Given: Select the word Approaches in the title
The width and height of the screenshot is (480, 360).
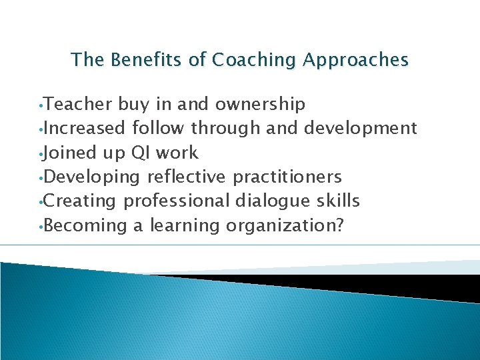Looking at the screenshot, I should [x=355, y=61].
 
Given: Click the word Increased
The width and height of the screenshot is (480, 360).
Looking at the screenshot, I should [x=85, y=129].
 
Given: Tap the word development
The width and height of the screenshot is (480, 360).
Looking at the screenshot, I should [x=361, y=129].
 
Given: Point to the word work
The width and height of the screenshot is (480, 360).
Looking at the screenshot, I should [x=176, y=153].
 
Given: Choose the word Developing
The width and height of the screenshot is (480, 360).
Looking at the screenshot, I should [x=93, y=177].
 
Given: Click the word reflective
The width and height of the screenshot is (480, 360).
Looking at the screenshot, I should [x=187, y=177].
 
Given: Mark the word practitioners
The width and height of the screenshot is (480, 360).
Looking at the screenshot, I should [x=287, y=177].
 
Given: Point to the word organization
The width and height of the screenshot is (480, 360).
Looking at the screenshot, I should [x=281, y=226].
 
